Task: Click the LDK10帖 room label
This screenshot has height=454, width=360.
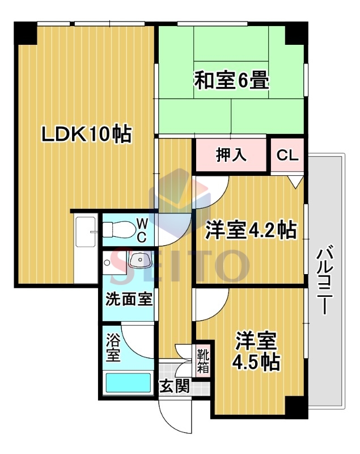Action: click(x=87, y=134)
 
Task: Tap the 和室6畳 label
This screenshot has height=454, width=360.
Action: click(x=231, y=80)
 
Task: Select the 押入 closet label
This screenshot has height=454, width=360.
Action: click(x=231, y=155)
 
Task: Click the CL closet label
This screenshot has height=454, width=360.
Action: click(x=287, y=155)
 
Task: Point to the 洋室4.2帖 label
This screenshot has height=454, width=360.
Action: click(x=251, y=230)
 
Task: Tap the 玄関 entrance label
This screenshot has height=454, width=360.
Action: click(x=175, y=386)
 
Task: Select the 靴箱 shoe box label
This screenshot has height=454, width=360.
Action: click(x=203, y=361)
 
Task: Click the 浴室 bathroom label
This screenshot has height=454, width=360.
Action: click(x=113, y=347)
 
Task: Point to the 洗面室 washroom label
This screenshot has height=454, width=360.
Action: click(x=129, y=299)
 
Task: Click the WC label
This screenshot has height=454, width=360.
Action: click(x=142, y=230)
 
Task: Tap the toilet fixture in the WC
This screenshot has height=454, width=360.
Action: click(x=119, y=230)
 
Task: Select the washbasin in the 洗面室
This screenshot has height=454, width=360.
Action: click(x=139, y=260)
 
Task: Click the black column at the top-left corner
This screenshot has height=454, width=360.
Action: click(x=26, y=33)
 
